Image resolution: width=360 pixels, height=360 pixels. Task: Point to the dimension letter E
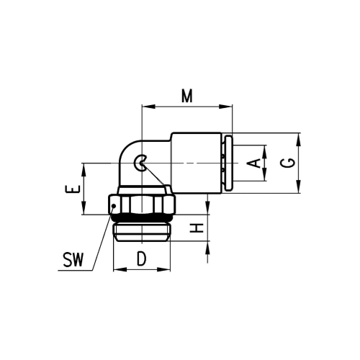click(71, 189)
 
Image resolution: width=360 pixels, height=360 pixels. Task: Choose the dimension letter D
click(142, 258)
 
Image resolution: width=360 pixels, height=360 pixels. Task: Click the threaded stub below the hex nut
click(142, 232)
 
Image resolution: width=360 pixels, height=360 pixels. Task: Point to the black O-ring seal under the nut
click(142, 219)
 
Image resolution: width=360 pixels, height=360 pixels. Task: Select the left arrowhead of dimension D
click(118, 270)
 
